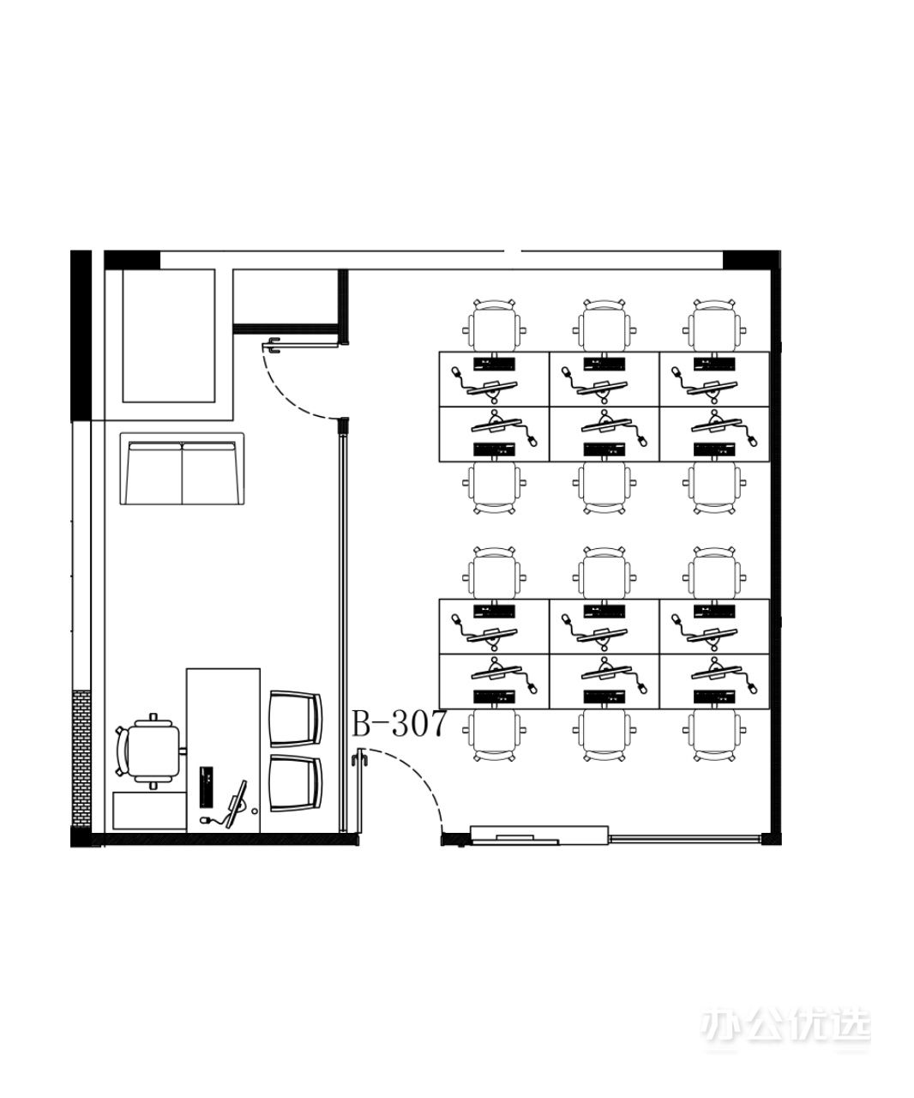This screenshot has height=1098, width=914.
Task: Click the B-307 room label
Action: pyautogui.click(x=399, y=723)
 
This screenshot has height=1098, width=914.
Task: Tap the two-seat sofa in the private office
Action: pyautogui.click(x=182, y=468)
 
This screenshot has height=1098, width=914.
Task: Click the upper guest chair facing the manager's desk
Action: pyautogui.click(x=296, y=719)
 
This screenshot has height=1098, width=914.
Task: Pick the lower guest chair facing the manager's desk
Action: pyautogui.click(x=296, y=783)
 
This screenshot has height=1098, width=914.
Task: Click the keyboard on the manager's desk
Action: pyautogui.click(x=207, y=787)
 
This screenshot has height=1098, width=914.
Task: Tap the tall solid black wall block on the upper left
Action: pyautogui.click(x=81, y=335)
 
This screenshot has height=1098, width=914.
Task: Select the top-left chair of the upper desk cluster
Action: pyautogui.click(x=494, y=326)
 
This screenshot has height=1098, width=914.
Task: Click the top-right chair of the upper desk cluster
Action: pyautogui.click(x=714, y=326)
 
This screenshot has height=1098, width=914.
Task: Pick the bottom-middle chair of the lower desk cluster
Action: pyautogui.click(x=604, y=735)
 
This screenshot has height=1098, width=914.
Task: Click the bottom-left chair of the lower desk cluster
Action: pyautogui.click(x=494, y=735)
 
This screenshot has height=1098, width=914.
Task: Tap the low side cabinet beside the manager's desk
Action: pyautogui.click(x=150, y=811)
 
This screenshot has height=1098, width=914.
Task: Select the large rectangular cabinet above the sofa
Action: pyautogui.click(x=169, y=336)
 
